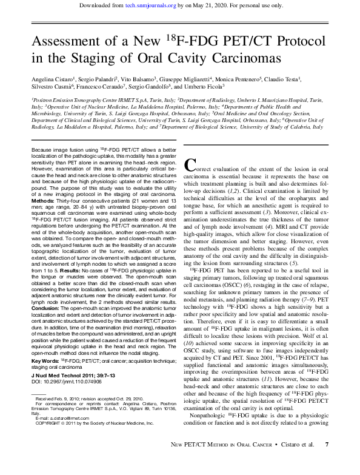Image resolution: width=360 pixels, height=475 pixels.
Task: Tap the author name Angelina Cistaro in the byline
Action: (53, 79)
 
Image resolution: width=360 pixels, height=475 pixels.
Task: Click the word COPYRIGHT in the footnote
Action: (50, 423)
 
